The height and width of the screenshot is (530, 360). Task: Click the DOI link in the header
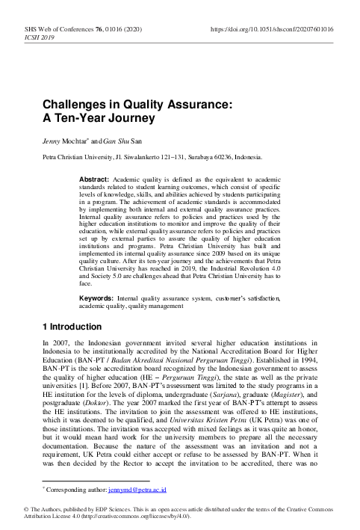click(273, 28)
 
